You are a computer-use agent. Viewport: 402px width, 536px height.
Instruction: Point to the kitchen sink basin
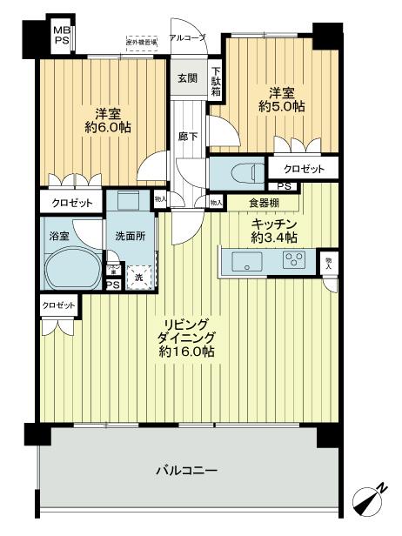pos(250,262)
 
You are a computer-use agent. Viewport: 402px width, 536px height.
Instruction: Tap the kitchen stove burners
pos(294,259)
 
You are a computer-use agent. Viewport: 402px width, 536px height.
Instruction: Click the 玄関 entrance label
pos(187,78)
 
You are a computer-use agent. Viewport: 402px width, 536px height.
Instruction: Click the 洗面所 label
pos(129,235)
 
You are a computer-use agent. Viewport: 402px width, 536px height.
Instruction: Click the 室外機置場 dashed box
pos(141,43)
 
